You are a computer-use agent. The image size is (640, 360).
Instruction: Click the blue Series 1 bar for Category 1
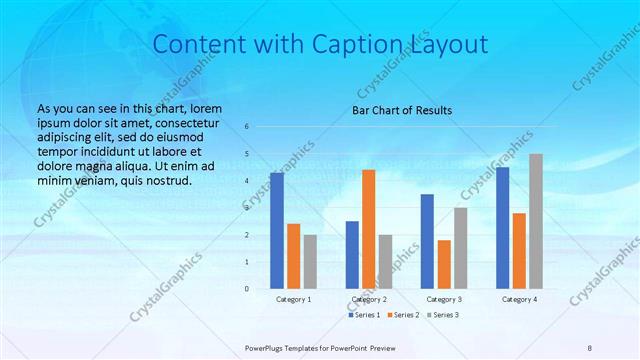click(x=277, y=230)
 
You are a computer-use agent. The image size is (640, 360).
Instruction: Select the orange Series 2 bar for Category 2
click(x=368, y=229)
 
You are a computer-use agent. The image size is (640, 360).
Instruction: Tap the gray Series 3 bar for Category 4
click(x=536, y=221)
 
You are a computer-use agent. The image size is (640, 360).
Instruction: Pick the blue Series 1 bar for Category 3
click(x=427, y=241)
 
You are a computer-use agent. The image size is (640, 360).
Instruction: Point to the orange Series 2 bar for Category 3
click(x=444, y=264)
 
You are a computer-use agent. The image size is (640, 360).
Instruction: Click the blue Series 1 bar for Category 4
click(x=502, y=228)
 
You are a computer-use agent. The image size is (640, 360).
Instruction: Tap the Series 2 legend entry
click(x=402, y=315)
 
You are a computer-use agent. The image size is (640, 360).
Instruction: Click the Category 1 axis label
click(x=293, y=299)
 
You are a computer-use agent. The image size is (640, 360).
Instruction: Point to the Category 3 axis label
click(x=444, y=299)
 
